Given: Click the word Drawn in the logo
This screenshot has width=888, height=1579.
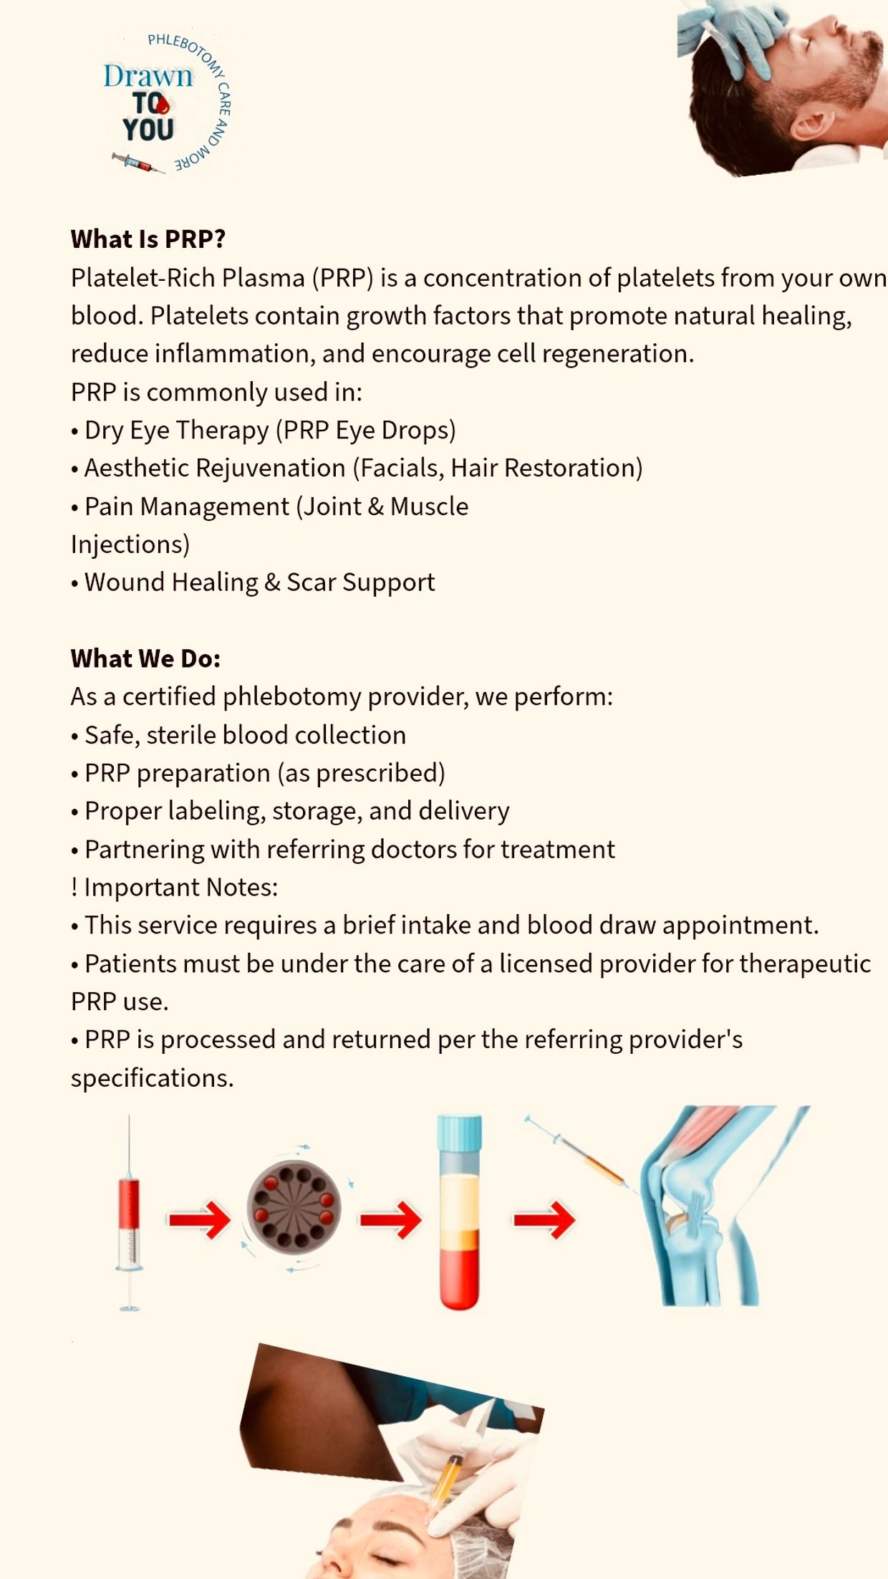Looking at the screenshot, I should [148, 76].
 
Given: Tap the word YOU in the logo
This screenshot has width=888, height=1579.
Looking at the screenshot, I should [148, 130].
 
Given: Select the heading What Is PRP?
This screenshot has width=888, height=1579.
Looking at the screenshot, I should [148, 239].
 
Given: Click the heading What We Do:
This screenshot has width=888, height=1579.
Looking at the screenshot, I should [145, 658].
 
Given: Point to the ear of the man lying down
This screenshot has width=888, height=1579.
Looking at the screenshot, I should [811, 125].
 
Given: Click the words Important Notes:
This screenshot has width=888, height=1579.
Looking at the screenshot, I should [180, 887].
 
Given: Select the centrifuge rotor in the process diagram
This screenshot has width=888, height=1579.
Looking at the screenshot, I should [294, 1208].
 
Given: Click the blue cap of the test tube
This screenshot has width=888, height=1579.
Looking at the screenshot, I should [459, 1133].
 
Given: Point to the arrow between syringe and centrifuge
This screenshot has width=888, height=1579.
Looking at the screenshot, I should [200, 1219].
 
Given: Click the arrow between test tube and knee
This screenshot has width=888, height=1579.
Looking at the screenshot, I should [544, 1219].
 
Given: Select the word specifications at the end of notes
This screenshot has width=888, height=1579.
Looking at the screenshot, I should [152, 1078].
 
